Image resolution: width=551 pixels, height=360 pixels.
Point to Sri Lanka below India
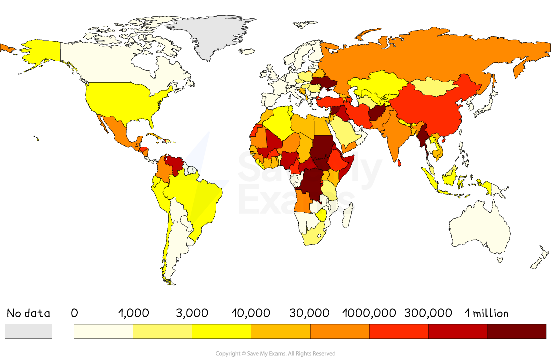point(399,162)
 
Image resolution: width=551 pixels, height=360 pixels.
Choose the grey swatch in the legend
point(28,331)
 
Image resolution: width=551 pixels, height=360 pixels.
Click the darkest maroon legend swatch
point(516,331)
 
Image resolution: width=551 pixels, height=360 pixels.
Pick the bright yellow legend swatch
point(221,331)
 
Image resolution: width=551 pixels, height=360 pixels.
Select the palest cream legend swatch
point(103,331)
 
